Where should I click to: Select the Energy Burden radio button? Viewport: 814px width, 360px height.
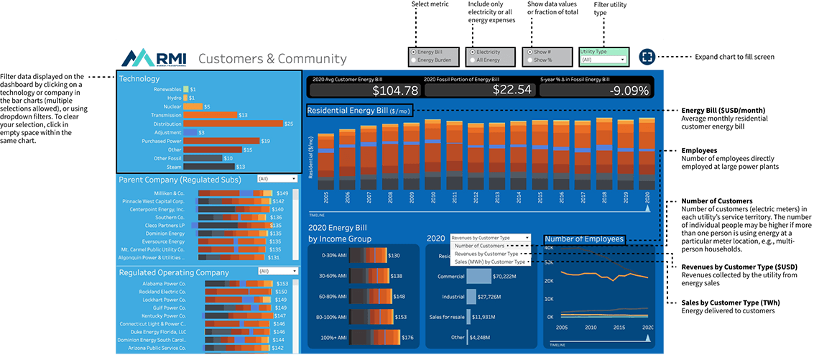pyautogui.click(x=412, y=60)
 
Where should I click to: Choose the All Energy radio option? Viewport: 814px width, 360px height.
pyautogui.click(x=471, y=60)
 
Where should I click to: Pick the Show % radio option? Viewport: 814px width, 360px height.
pyautogui.click(x=530, y=60)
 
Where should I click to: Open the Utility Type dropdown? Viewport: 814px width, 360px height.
pyautogui.click(x=603, y=60)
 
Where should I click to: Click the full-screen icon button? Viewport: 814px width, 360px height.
pyautogui.click(x=646, y=57)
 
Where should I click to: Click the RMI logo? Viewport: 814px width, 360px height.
pyautogui.click(x=154, y=57)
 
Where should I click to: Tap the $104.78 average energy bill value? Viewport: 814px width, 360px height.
pyautogui.click(x=395, y=91)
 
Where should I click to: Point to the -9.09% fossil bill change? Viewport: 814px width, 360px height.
pyautogui.click(x=629, y=91)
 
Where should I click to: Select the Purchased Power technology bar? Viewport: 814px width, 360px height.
pyautogui.click(x=221, y=141)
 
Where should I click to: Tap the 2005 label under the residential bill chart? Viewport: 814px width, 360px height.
pyautogui.click(x=326, y=198)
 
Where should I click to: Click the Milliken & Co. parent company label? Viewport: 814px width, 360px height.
pyautogui.click(x=169, y=193)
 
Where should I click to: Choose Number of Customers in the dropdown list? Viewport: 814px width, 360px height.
pyautogui.click(x=479, y=246)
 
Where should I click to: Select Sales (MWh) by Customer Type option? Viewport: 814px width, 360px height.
pyautogui.click(x=489, y=262)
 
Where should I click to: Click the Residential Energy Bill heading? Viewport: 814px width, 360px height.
pyautogui.click(x=359, y=111)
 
